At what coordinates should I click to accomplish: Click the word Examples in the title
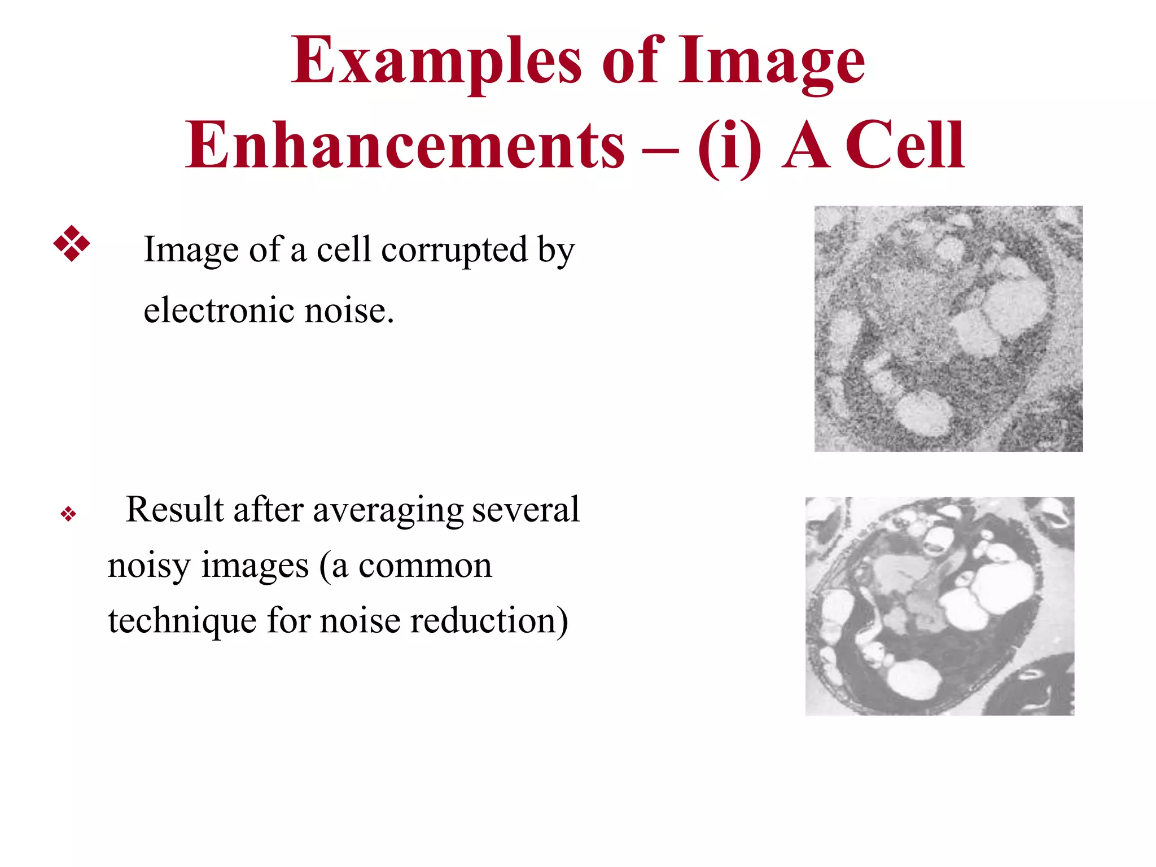436,61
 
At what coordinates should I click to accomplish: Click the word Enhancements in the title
405,146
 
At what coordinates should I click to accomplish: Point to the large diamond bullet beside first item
72,244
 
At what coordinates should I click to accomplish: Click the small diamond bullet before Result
68,514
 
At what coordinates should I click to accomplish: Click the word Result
174,509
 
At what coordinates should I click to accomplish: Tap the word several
526,509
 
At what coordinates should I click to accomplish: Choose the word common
425,566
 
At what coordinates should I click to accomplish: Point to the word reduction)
489,620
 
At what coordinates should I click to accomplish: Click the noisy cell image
948,329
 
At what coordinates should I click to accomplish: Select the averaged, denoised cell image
939,606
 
